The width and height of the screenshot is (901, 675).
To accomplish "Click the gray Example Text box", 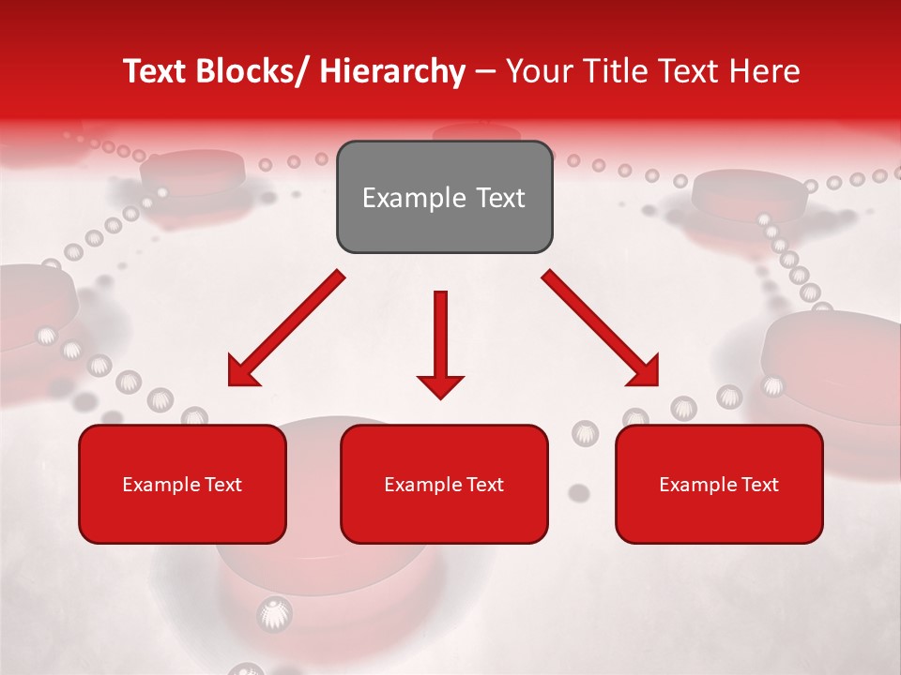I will (444, 197).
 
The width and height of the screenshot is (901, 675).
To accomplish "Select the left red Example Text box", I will (182, 484).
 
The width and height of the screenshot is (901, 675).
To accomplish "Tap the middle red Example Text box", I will (444, 484).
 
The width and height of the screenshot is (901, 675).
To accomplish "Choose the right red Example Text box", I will (719, 484).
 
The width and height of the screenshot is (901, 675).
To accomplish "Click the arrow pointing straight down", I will (440, 343).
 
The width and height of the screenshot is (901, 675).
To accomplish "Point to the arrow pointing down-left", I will (286, 329).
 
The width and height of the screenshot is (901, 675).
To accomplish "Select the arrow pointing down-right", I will (601, 328).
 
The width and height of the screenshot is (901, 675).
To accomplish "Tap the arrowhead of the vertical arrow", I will (440, 383).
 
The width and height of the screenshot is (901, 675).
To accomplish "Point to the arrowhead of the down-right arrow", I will (643, 370).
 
